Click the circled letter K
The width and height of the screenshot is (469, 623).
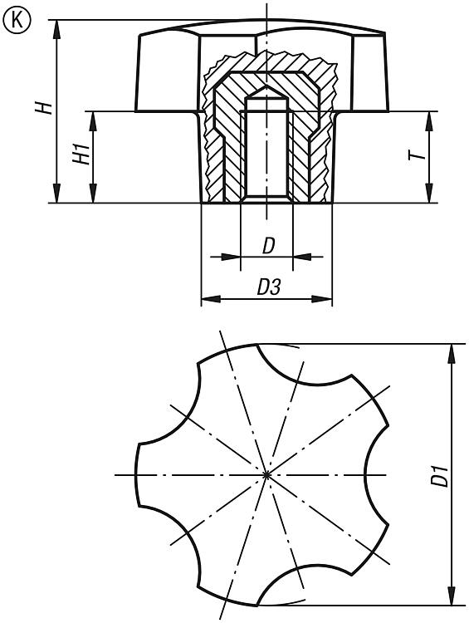tap(17, 20)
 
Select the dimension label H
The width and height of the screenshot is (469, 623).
tap(44, 108)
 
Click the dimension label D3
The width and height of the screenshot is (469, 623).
tap(269, 287)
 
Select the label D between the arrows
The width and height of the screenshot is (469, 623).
tap(268, 247)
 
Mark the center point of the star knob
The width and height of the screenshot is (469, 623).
tap(266, 474)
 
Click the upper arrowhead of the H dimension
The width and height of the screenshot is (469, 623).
tap(57, 29)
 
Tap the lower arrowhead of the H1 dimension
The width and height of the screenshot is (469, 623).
tap(93, 194)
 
